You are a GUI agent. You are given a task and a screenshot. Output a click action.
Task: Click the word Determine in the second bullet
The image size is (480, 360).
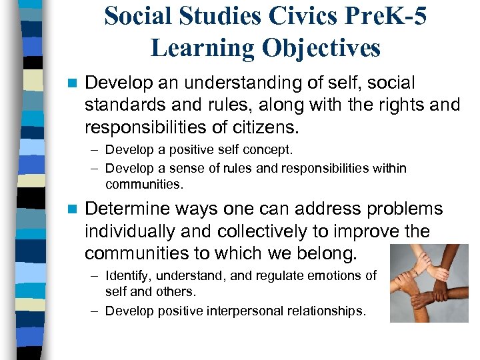tap(127, 209)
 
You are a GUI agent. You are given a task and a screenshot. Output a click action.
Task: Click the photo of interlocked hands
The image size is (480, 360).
tap(429, 284)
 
